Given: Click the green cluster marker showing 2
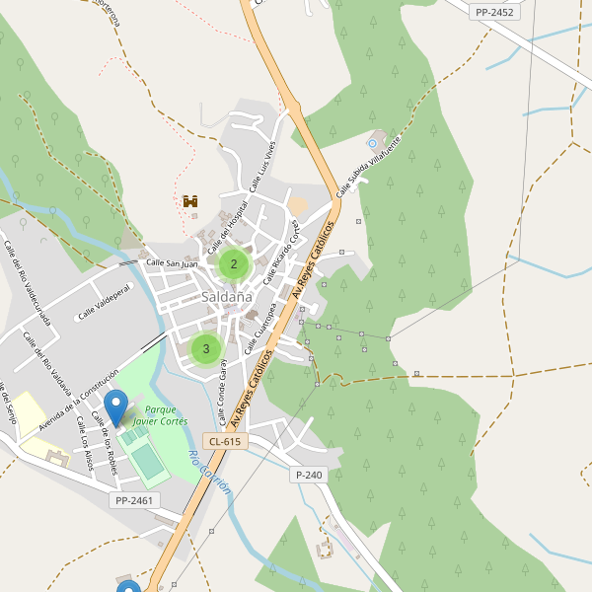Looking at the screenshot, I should tap(234, 263).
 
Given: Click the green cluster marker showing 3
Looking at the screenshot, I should tap(206, 348).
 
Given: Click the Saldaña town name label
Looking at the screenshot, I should tap(227, 296).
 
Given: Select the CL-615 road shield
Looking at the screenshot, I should tap(225, 441).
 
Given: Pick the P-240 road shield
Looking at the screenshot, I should tap(309, 475).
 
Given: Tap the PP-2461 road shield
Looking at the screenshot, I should tap(133, 500).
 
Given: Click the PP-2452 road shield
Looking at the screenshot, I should tap(493, 12).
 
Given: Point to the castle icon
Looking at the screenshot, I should tap(190, 201).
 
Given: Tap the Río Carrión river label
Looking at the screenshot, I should tap(209, 472).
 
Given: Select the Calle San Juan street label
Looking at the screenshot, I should tap(172, 263).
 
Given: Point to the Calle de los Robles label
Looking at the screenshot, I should tap(104, 444).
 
